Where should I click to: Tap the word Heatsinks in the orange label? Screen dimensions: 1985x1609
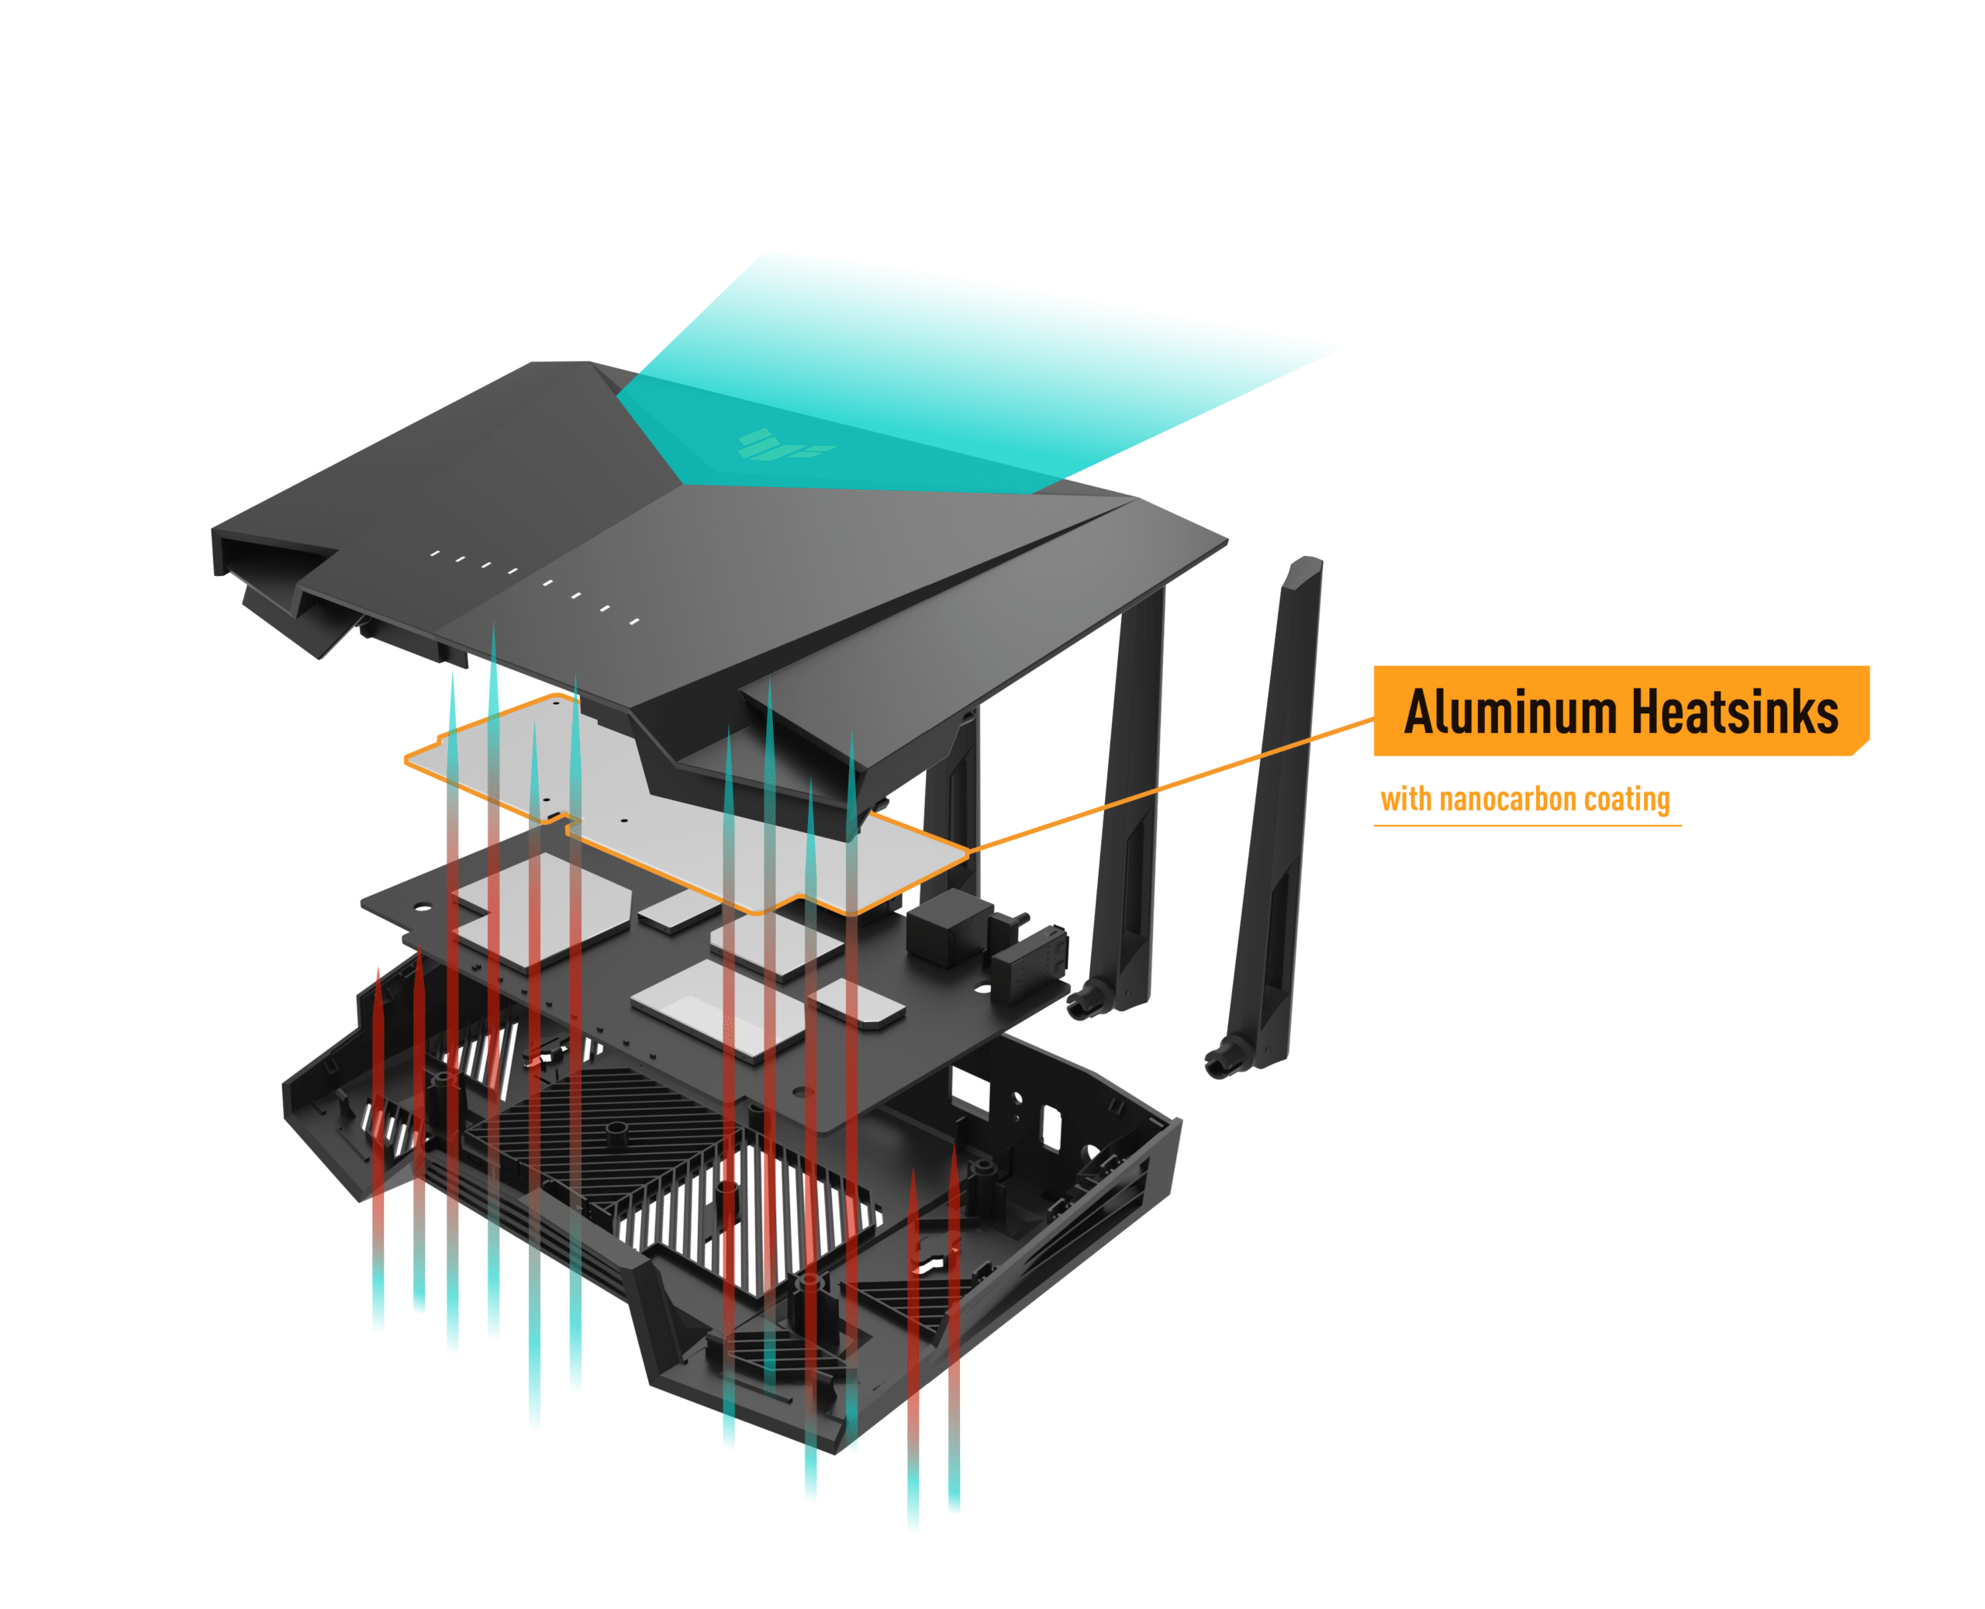click(x=1734, y=711)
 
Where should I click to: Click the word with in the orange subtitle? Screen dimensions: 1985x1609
click(x=1406, y=799)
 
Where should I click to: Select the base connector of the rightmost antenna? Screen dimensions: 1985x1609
click(x=1225, y=1058)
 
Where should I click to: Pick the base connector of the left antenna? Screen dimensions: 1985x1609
click(x=1089, y=1001)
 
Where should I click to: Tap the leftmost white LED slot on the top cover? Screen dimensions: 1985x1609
click(x=435, y=554)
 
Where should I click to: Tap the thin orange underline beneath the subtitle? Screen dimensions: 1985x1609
click(x=1528, y=824)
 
